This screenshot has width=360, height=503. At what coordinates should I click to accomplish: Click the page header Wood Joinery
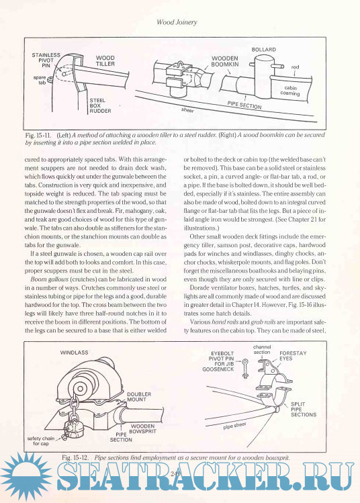point(177,22)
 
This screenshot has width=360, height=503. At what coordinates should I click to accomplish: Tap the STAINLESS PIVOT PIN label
point(46,60)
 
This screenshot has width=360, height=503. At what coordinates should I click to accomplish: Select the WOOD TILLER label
point(105,60)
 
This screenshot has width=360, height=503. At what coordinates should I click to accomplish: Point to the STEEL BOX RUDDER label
point(100,105)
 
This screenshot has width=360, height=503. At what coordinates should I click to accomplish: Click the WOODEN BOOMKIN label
point(224,61)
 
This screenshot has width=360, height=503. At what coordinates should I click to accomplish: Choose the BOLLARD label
point(264,50)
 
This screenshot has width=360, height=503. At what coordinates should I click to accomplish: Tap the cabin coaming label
point(290,91)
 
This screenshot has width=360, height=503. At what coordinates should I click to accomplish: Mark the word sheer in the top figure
point(187,109)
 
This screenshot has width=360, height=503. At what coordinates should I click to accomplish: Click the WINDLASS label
point(74,352)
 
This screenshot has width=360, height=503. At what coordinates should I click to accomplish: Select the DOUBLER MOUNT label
point(138,397)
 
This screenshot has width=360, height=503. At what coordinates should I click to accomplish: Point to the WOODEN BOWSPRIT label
point(143,428)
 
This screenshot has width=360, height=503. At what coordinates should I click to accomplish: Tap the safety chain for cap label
point(41,441)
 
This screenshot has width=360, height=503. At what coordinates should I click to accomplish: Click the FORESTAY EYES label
point(293,356)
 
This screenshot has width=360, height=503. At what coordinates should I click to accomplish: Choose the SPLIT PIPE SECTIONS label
point(303,410)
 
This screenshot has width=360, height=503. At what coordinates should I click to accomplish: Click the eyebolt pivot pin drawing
point(245,368)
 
